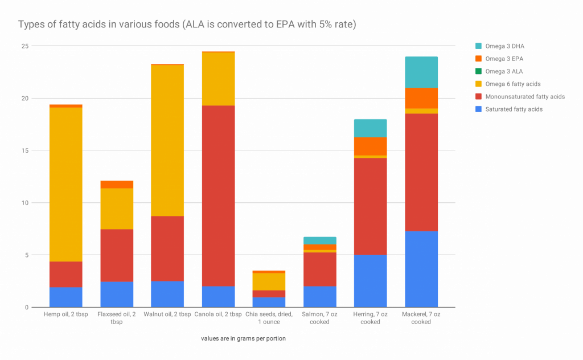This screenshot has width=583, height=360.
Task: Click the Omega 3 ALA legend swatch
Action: (x=478, y=71)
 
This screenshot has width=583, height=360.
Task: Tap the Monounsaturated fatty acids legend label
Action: (x=525, y=96)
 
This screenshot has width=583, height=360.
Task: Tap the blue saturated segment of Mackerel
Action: (x=421, y=269)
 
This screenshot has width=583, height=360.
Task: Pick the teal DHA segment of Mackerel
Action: (x=421, y=72)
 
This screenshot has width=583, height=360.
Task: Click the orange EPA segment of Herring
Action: (x=371, y=146)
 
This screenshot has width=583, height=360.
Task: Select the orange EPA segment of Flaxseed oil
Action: (x=117, y=184)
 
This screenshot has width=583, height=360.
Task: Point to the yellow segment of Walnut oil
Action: (x=167, y=140)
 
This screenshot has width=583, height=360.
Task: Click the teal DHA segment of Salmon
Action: (x=319, y=240)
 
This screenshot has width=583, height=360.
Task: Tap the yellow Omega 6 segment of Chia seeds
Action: (x=269, y=281)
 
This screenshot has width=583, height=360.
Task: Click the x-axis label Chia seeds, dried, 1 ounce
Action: (x=269, y=318)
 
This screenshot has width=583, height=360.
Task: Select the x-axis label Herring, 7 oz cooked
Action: (x=370, y=318)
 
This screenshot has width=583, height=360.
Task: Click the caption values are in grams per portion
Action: (x=243, y=338)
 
